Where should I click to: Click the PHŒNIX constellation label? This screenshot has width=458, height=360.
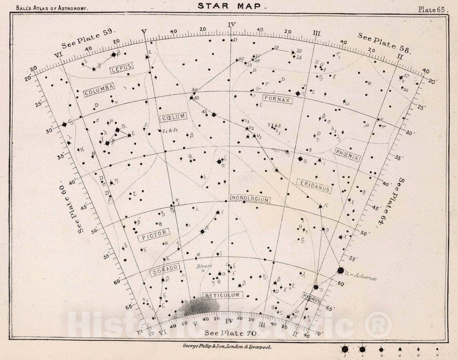click(x=347, y=154)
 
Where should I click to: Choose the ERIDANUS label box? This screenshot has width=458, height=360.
click(x=313, y=185)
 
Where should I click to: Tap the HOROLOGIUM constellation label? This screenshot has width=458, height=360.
click(x=250, y=199)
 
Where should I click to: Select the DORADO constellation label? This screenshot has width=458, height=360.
click(x=164, y=270)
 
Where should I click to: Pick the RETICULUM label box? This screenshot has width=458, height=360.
click(x=223, y=295)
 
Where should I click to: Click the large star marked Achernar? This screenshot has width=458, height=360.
click(x=340, y=270)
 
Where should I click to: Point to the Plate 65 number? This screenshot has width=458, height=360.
click(x=432, y=10)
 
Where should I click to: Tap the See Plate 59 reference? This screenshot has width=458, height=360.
click(x=89, y=39)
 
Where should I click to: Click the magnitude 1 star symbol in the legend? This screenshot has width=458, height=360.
click(x=345, y=349)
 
